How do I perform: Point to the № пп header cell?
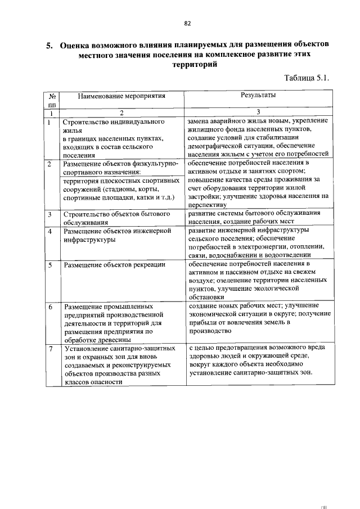[52, 100]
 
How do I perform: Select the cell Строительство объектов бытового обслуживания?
[116, 218]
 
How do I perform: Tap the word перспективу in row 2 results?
[207, 206]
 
